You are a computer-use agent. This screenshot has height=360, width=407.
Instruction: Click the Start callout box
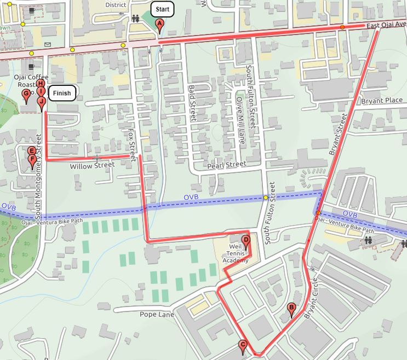pyautogui.click(x=162, y=9)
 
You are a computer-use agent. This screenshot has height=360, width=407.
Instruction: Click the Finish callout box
pyautogui.click(x=61, y=93)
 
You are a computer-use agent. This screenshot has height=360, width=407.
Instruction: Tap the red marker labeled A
pyautogui.click(x=159, y=24)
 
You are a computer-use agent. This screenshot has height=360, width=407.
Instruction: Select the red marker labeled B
pyautogui.click(x=291, y=309)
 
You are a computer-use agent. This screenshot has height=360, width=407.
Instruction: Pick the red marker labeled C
pyautogui.click(x=243, y=345)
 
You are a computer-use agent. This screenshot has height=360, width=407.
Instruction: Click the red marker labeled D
pyautogui.click(x=246, y=240)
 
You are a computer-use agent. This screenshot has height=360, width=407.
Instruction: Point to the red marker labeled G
pyautogui.click(x=26, y=95)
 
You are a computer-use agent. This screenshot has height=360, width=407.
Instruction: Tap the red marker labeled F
pyautogui.click(x=32, y=160)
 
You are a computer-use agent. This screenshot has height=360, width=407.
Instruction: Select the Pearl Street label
pyautogui.click(x=227, y=165)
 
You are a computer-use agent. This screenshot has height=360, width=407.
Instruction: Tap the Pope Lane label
pyautogui.click(x=157, y=315)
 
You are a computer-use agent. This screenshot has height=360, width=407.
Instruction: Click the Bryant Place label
pyautogui.click(x=382, y=101)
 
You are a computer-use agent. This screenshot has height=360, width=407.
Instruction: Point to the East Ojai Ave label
pyautogui.click(x=386, y=24)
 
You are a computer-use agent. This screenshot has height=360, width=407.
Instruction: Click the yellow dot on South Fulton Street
pyautogui.click(x=266, y=198)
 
